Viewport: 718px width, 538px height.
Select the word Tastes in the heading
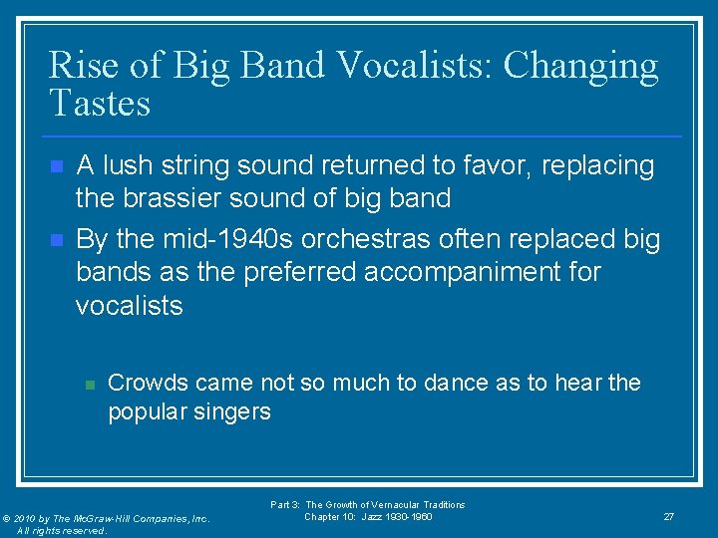point(100,103)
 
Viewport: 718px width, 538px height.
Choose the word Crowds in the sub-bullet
point(149,383)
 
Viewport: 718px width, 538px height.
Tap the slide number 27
point(668,516)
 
